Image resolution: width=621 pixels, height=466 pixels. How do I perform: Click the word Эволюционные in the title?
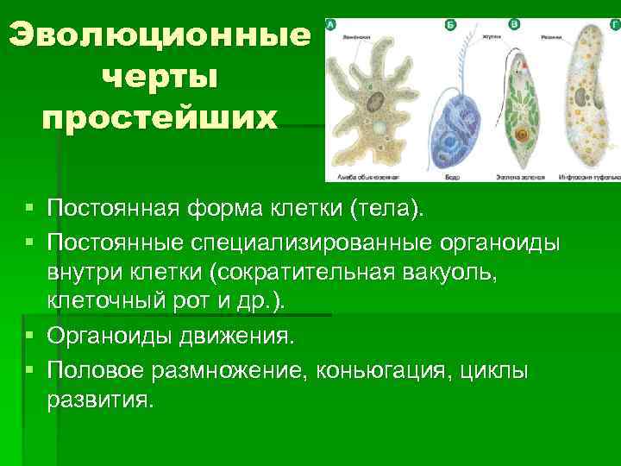(x=160, y=36)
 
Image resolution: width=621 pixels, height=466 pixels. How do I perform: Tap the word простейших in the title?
(x=160, y=116)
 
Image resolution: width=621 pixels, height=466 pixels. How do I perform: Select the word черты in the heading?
(x=160, y=77)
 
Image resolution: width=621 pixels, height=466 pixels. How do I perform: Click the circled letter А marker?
(x=330, y=26)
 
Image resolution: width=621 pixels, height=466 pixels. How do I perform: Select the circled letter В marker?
(x=515, y=25)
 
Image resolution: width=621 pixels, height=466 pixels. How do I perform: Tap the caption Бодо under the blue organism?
(x=454, y=177)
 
